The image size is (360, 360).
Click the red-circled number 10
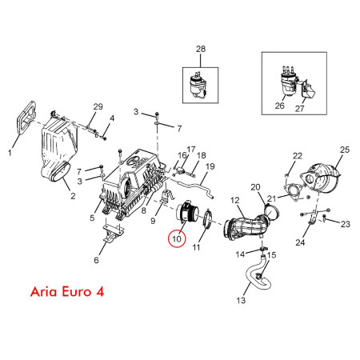177,238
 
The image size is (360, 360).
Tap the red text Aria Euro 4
67,292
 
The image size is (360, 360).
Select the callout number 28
201,49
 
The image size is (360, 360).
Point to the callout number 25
345,150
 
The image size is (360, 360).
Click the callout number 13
241,301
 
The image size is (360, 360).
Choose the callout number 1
10,153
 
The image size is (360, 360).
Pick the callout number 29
98,106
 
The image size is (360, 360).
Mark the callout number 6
96,260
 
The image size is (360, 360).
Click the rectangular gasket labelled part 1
26,116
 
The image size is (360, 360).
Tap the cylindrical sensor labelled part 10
188,214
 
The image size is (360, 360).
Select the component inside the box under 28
198,85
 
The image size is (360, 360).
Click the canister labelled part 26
288,82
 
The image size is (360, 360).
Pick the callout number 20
255,187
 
